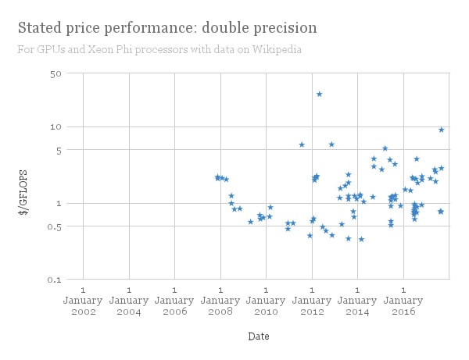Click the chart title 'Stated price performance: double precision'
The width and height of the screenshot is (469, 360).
click(167, 28)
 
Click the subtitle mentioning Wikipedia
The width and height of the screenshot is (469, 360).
click(159, 50)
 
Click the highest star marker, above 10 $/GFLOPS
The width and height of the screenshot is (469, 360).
click(319, 94)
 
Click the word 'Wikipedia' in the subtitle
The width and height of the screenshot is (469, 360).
click(278, 50)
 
